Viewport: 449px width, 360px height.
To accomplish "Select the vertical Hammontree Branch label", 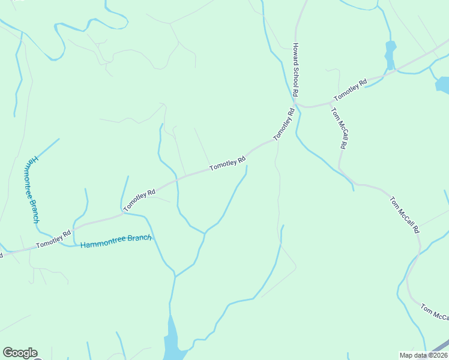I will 35,190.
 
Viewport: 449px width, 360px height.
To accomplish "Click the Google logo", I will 20,353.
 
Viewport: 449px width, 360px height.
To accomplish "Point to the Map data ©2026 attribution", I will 424,355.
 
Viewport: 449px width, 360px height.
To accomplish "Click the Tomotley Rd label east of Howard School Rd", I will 351,91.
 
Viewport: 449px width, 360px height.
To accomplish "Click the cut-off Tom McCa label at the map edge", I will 434,312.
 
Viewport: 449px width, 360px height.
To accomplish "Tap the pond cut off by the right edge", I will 443,85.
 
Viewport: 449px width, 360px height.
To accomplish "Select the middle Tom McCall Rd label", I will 403,214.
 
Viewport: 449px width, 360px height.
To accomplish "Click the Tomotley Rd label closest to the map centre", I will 228,163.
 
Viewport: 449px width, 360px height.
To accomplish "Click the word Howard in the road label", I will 295,53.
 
